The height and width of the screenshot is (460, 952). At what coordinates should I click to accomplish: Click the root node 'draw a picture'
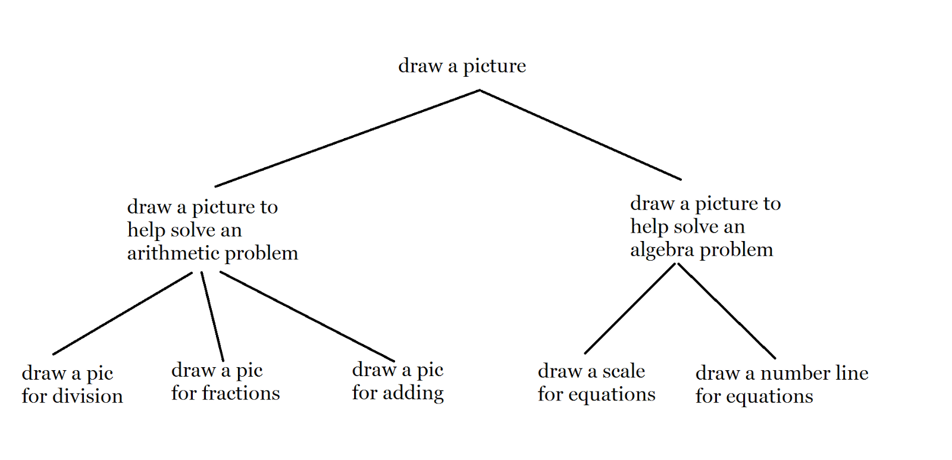point(462,66)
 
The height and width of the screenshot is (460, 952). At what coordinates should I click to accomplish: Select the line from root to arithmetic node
point(347,139)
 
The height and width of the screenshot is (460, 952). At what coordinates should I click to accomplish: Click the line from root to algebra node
point(580,135)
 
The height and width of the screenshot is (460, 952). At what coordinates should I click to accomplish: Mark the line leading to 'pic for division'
point(123,313)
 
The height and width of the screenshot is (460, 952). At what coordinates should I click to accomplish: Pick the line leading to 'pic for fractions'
point(212,316)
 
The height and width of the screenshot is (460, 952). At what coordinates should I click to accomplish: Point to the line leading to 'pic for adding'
point(307,317)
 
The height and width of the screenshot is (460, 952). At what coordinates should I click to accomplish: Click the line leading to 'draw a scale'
point(630,308)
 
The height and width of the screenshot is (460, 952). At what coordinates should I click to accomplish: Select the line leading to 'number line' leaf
point(726,311)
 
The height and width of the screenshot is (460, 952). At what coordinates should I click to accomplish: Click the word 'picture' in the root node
point(494,66)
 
